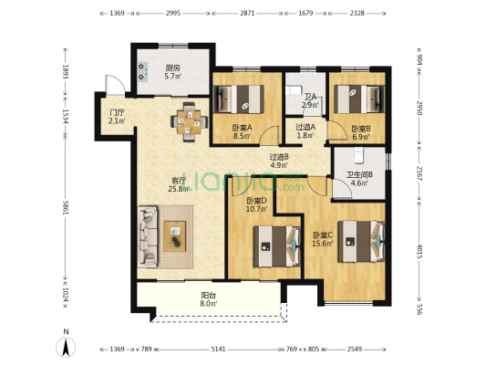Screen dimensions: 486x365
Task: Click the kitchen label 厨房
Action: (173, 68)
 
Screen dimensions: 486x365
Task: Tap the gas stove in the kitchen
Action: (143, 71)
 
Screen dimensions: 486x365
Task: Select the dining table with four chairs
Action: (189, 122)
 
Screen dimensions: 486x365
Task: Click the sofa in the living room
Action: (148, 236)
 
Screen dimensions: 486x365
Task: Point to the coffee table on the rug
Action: (175, 236)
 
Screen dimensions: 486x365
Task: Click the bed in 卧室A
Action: (240, 99)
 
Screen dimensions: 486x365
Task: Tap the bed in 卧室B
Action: (359, 99)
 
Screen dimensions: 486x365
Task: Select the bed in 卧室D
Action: (277, 246)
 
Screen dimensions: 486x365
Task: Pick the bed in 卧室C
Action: (361, 241)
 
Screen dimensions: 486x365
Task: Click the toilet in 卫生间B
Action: (358, 155)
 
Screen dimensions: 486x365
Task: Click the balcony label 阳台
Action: (209, 296)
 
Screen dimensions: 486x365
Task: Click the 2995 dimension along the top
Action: (173, 13)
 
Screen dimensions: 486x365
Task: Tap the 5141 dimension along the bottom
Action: (218, 349)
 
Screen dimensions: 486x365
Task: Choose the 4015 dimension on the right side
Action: (419, 251)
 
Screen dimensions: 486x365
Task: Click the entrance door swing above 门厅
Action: (115, 85)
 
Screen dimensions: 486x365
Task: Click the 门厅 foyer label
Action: (117, 112)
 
